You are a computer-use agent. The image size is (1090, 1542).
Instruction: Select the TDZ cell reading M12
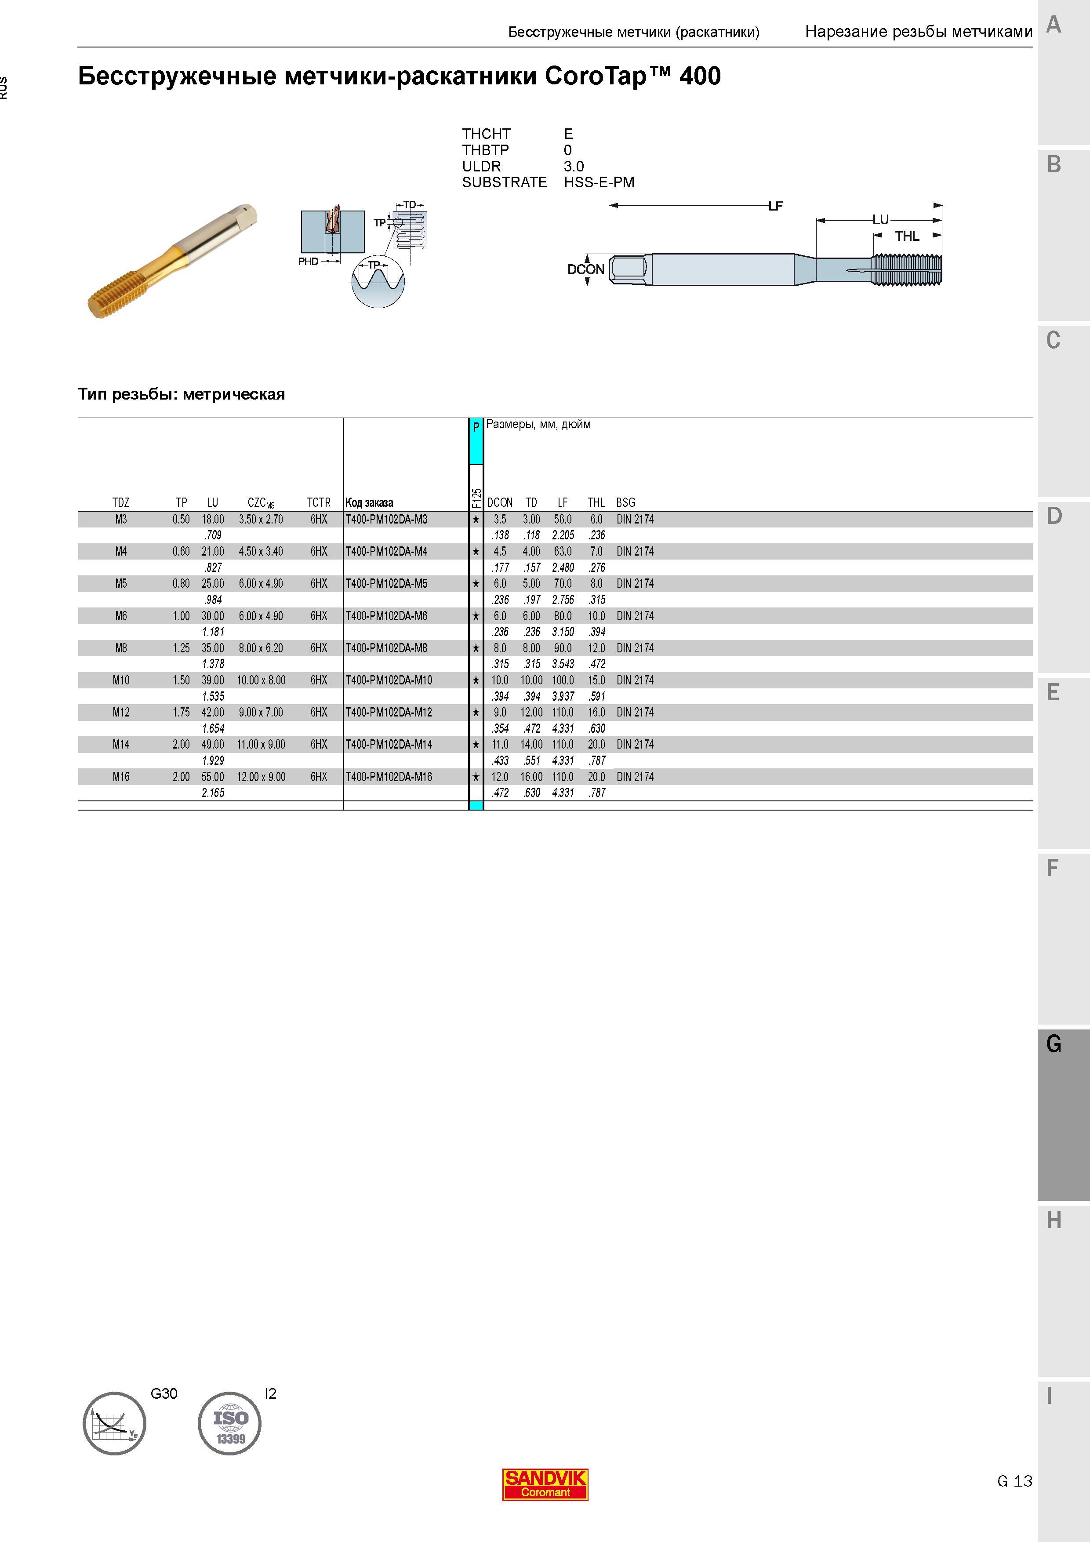pos(121,712)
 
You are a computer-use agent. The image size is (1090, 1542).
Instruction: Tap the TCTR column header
pos(319,502)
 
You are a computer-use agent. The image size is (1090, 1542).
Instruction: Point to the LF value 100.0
pos(563,680)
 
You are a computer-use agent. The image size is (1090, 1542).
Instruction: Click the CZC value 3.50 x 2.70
pos(261,519)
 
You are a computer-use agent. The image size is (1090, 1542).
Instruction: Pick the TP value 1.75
pos(182,712)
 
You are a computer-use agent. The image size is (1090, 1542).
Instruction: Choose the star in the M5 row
pos(476,584)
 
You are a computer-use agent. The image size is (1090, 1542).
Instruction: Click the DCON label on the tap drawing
pos(585,269)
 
